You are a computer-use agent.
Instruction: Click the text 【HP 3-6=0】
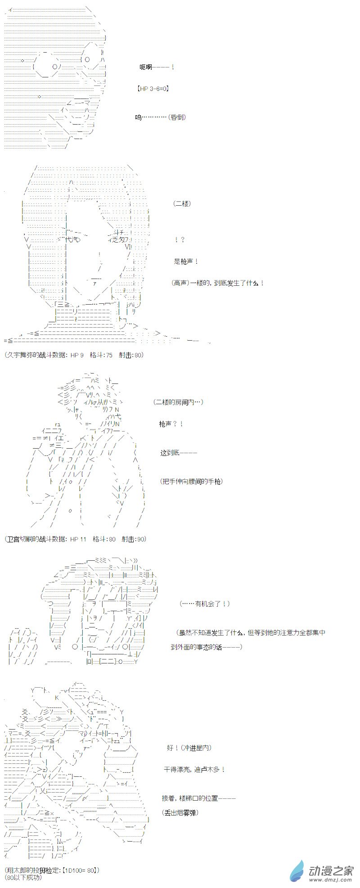153,89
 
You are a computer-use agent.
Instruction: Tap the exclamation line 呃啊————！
157,67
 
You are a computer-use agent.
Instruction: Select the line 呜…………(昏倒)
161,117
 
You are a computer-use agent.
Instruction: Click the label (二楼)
182,204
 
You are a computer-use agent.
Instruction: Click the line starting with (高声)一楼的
218,283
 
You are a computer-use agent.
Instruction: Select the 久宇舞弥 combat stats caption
74,355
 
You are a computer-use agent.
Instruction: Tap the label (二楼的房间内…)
178,402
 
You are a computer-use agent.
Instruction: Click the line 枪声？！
171,424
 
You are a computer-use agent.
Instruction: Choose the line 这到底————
179,453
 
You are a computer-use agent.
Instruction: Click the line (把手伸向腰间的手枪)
191,481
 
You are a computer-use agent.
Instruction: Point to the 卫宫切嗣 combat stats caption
76,539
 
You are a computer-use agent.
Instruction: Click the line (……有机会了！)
204,604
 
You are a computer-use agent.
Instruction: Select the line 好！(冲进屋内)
189,748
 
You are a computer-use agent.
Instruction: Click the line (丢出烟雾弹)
180,812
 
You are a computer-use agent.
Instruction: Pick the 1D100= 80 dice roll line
53,870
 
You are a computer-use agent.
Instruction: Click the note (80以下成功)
23,878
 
